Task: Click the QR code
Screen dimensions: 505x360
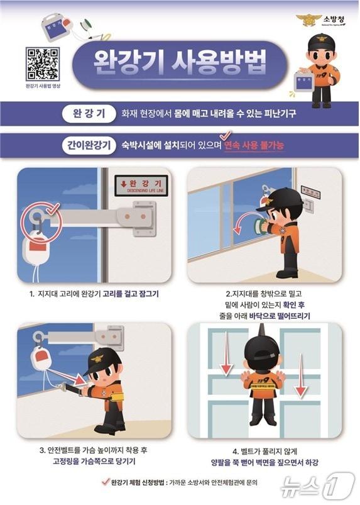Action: pos(42,64)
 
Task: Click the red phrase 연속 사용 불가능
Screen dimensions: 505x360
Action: pos(255,146)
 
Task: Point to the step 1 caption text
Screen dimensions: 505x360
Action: pos(94,294)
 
